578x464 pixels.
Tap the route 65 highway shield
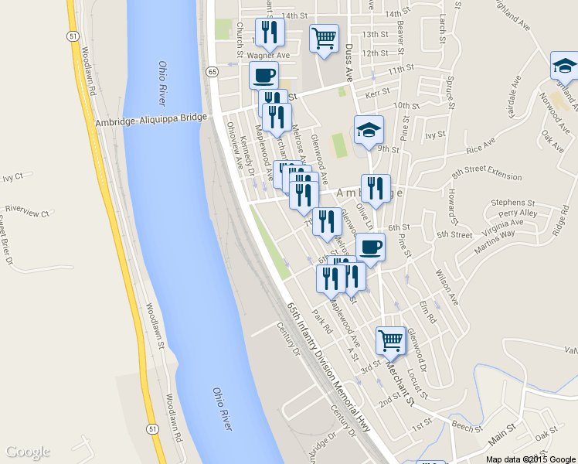(212, 71)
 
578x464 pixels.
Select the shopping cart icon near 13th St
(324, 37)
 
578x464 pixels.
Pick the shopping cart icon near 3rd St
(391, 339)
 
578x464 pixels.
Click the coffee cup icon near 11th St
(263, 76)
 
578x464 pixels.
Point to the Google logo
(27, 452)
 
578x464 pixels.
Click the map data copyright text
(531, 459)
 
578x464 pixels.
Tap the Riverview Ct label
(27, 210)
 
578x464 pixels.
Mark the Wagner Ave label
(270, 55)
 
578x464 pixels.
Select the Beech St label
(467, 426)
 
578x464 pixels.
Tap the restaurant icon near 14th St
(270, 32)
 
